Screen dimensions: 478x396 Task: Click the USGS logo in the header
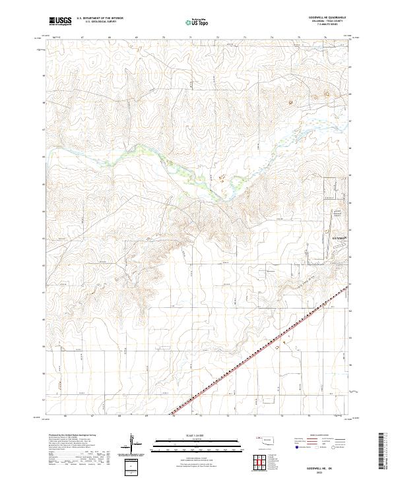60,21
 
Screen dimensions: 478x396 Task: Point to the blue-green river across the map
165,158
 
